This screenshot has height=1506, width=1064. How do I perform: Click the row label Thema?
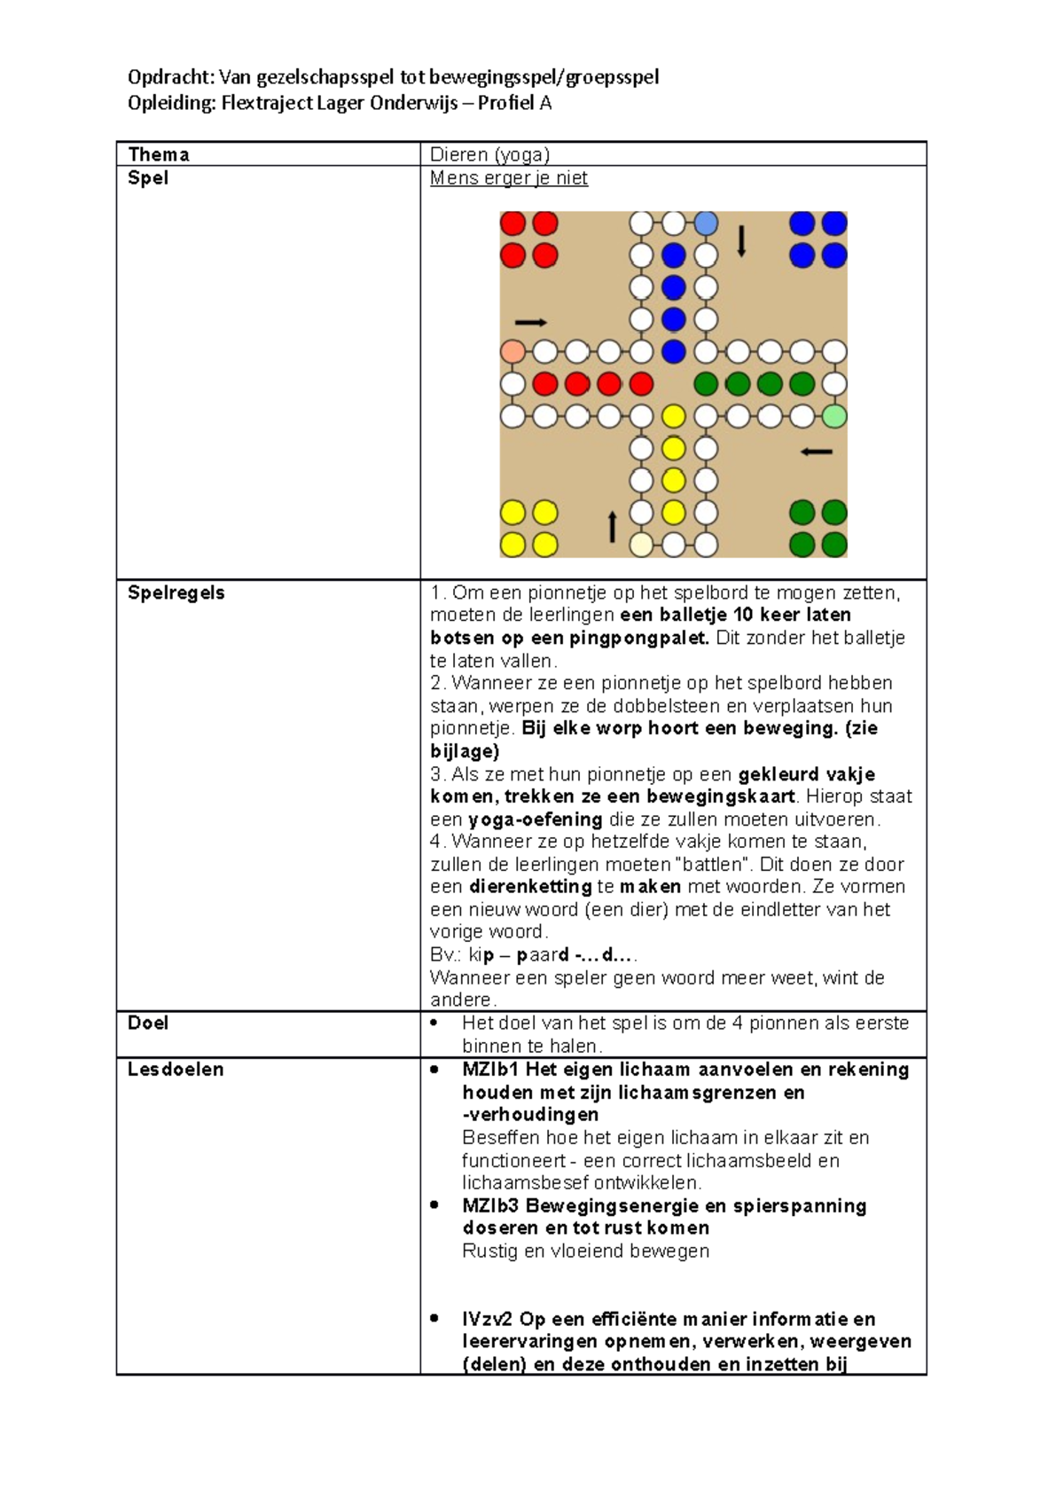click(158, 154)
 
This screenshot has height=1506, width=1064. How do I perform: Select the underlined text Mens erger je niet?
click(508, 178)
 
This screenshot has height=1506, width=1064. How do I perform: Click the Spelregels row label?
click(176, 592)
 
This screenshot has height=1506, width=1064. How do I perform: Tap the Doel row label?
click(147, 1023)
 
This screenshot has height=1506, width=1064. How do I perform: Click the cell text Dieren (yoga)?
click(489, 154)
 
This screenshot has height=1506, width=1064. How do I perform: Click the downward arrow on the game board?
click(741, 241)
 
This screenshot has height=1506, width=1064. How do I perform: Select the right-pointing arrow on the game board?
click(530, 322)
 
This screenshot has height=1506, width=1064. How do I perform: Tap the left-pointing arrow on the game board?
click(816, 451)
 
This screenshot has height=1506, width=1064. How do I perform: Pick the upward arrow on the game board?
click(612, 526)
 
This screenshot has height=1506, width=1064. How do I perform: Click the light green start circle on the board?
click(834, 416)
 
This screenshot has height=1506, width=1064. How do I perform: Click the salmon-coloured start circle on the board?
click(512, 351)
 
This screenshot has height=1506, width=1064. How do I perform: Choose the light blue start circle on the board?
click(706, 223)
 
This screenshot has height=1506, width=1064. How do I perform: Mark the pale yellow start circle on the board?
click(641, 545)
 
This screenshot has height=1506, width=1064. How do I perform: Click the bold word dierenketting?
click(529, 887)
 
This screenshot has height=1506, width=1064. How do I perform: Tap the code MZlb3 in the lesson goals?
click(490, 1205)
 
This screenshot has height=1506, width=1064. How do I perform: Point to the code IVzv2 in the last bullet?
click(487, 1319)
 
